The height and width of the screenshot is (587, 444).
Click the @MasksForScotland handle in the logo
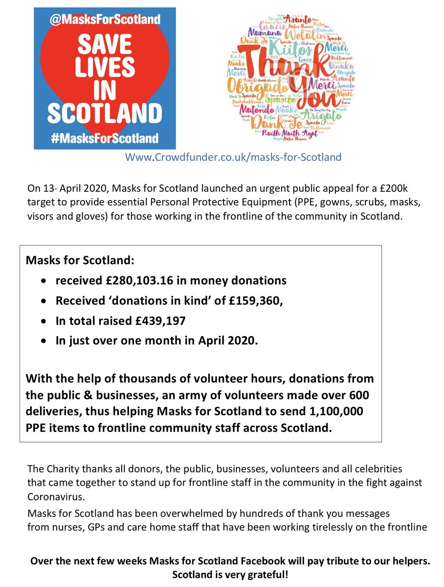[105, 20]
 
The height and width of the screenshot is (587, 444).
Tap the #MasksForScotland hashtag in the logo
[105, 138]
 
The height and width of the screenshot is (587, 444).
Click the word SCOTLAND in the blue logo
[105, 113]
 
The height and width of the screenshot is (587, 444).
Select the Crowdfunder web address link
[233, 158]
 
